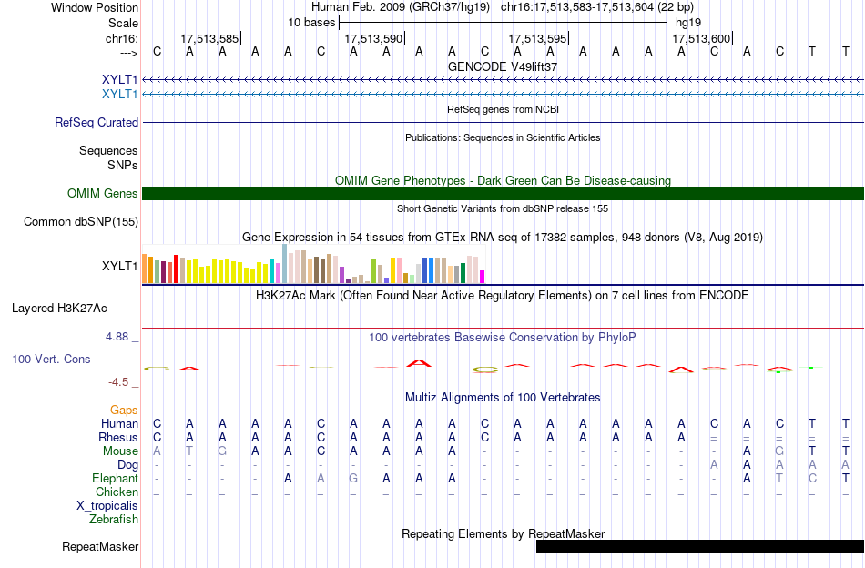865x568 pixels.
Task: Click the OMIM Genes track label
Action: coord(103,194)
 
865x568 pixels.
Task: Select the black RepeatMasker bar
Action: coord(700,546)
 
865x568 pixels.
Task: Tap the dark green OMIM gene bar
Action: coord(504,194)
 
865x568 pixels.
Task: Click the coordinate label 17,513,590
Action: coord(374,38)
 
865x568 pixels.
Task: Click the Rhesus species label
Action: coord(118,437)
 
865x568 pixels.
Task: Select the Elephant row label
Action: coord(116,478)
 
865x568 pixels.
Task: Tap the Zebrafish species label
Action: coord(114,520)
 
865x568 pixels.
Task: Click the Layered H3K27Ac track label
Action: coord(59,309)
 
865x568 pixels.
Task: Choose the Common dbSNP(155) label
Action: coord(81,222)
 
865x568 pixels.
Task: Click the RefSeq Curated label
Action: coord(97,122)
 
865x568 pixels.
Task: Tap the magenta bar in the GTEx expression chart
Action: coord(483,277)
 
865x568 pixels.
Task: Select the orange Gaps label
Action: coord(124,410)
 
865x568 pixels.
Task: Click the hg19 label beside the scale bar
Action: coord(688,23)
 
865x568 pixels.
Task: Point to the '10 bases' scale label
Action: coord(311,23)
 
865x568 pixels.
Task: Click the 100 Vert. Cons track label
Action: coord(51,359)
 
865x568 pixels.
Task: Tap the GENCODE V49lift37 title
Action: coord(503,66)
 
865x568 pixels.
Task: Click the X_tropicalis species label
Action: coord(107,506)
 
